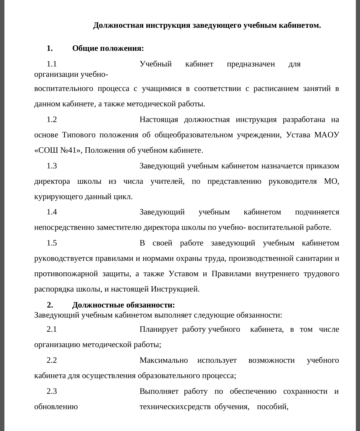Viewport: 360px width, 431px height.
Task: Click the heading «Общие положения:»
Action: [x=108, y=48]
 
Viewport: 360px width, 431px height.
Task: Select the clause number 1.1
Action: [x=52, y=64]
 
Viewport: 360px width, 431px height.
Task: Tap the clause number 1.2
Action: [x=52, y=120]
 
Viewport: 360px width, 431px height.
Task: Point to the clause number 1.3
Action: [x=52, y=166]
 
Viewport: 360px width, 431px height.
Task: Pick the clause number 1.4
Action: [x=52, y=212]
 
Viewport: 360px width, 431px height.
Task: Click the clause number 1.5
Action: [x=52, y=243]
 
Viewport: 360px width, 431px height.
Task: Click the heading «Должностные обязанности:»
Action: [x=123, y=305]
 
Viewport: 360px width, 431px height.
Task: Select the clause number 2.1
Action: [x=52, y=329]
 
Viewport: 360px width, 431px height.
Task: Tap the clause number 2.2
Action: [x=52, y=360]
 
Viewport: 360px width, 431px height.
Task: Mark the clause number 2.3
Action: [x=52, y=391]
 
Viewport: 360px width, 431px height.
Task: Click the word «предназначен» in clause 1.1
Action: [x=251, y=64]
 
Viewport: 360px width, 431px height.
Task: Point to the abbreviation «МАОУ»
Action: [x=327, y=135]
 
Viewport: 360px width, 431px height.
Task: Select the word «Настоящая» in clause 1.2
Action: [x=159, y=120]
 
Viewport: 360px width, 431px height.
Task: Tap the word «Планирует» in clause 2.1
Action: [x=158, y=329]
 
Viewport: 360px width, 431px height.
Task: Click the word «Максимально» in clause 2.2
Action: [x=164, y=360]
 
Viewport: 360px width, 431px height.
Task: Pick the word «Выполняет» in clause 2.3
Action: [x=159, y=391]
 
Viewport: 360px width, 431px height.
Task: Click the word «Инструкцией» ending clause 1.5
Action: [x=175, y=289]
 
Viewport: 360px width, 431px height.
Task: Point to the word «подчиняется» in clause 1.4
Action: [x=317, y=212]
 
